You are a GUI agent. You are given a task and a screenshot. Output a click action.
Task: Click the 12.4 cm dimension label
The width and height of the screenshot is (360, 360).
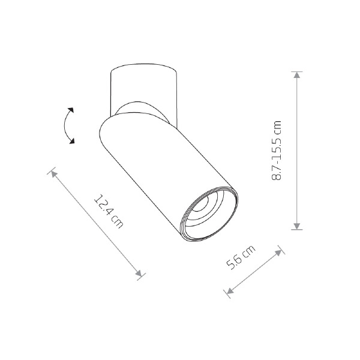pos(109,211)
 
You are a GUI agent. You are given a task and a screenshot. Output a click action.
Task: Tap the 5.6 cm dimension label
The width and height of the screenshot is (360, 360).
pos(241,257)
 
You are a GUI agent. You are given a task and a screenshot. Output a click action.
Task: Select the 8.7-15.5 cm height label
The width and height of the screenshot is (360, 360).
pos(276,151)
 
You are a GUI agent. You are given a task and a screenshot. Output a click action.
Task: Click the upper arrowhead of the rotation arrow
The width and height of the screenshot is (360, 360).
pos(71,110)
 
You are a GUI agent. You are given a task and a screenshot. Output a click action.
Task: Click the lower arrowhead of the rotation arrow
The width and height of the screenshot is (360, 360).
pos(72,141)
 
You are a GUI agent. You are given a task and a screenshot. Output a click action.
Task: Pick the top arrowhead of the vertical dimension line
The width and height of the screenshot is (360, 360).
pos(297,75)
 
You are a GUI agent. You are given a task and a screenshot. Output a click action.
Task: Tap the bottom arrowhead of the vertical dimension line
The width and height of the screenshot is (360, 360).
pos(297,226)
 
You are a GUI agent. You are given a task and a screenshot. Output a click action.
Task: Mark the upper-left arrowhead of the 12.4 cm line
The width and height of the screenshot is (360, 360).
pos(54,174)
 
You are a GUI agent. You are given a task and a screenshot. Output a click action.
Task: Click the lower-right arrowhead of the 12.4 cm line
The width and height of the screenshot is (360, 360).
pos(139,274)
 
